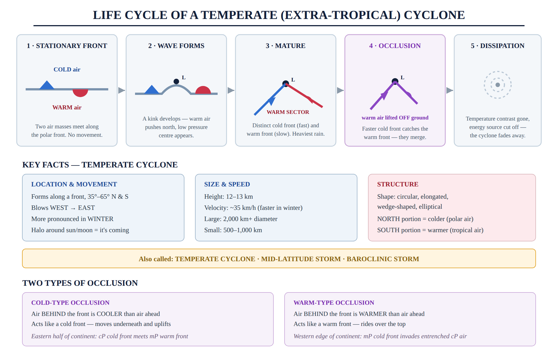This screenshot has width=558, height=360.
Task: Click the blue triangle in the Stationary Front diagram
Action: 47,85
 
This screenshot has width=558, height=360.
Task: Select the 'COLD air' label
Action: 67,69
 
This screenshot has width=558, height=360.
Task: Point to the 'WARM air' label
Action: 67,107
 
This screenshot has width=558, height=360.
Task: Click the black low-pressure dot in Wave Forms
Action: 176,81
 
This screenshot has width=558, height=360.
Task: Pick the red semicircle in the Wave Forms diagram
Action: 203,90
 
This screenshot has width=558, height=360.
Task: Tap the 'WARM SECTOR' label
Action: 288,112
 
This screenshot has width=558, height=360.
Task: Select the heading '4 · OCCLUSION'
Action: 395,46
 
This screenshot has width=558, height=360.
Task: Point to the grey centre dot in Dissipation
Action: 498,85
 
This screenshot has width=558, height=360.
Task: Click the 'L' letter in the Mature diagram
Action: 293,80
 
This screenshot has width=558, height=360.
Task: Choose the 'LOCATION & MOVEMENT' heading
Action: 74,184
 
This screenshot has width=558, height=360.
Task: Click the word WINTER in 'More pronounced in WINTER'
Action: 100,219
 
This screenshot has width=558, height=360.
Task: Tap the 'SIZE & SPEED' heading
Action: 227,184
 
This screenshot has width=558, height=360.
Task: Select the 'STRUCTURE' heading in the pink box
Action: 398,184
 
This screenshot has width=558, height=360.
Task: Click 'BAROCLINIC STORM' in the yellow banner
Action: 383,259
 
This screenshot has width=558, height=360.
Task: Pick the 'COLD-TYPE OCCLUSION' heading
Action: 70,303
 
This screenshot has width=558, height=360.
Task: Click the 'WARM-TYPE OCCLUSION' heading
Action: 334,303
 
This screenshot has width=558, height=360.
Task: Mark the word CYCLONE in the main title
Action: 434,15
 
